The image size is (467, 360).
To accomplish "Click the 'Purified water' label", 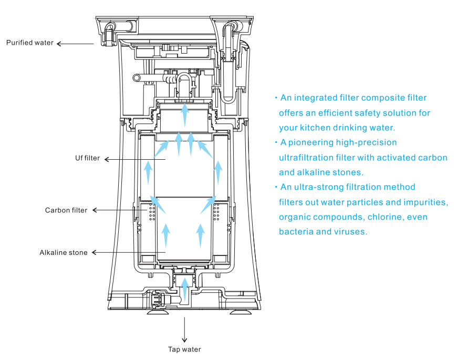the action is [x=30, y=43].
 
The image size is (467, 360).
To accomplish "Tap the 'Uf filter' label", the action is [x=87, y=158].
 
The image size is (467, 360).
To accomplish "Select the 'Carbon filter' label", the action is [x=66, y=210].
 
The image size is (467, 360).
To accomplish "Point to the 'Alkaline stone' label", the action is [x=64, y=252].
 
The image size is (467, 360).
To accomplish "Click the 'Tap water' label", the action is [x=184, y=349].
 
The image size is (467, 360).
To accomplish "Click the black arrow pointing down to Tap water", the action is [x=184, y=330].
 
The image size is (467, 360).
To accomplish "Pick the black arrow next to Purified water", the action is [x=75, y=44].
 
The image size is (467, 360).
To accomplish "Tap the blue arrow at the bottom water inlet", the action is [x=185, y=290].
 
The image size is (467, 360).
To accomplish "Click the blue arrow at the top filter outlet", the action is [x=185, y=116].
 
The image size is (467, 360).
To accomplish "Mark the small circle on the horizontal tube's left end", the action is [x=137, y=78].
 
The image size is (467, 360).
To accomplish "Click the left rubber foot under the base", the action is [x=158, y=312].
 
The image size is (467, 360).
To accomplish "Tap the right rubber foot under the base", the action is [x=240, y=312].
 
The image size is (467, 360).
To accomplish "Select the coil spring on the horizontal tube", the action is [x=170, y=79].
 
